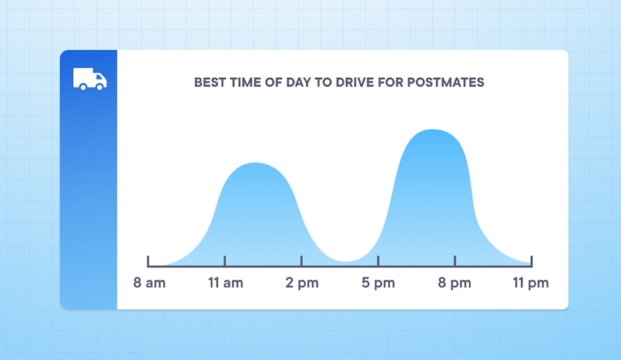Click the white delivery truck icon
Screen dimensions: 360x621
(89, 79)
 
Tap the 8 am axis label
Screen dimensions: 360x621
(149, 283)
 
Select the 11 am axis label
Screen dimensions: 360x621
(225, 283)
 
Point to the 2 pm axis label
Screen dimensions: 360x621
(301, 283)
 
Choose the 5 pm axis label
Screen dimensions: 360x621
(378, 283)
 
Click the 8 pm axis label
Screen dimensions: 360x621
(455, 283)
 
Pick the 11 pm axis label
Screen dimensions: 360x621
(531, 283)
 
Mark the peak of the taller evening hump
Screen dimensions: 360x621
(433, 130)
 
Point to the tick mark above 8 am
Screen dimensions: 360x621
(149, 261)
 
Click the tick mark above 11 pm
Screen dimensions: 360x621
(531, 261)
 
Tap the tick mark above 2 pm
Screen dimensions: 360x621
(301, 261)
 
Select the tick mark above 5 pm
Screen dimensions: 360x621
(378, 261)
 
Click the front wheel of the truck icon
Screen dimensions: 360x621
(100, 86)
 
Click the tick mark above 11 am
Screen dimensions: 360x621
(225, 261)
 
